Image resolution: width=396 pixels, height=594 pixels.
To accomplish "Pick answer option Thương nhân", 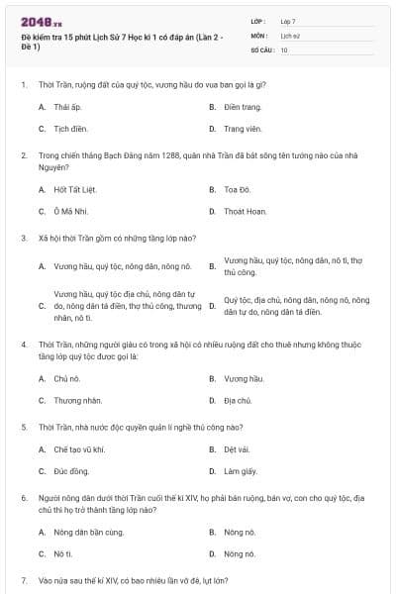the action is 73,401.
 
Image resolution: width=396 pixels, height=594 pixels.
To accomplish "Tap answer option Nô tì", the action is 63,554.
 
